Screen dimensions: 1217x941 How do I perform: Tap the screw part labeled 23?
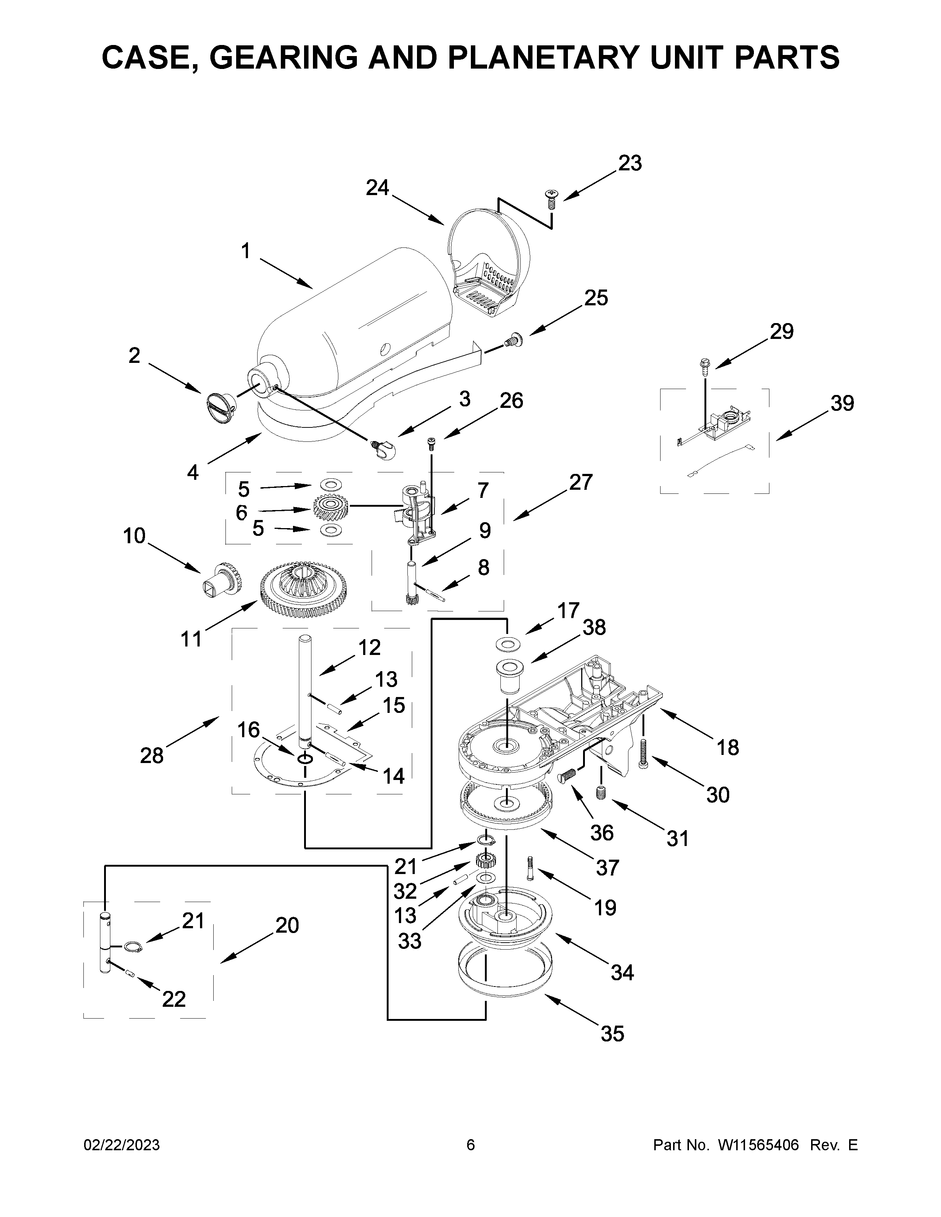pyautogui.click(x=551, y=199)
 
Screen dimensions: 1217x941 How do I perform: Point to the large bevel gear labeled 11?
pyautogui.click(x=303, y=591)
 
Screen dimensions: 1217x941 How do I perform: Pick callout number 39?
pyautogui.click(x=842, y=403)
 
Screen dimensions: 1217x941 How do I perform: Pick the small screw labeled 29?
pyautogui.click(x=704, y=366)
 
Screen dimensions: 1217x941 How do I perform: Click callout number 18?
pyautogui.click(x=727, y=747)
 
